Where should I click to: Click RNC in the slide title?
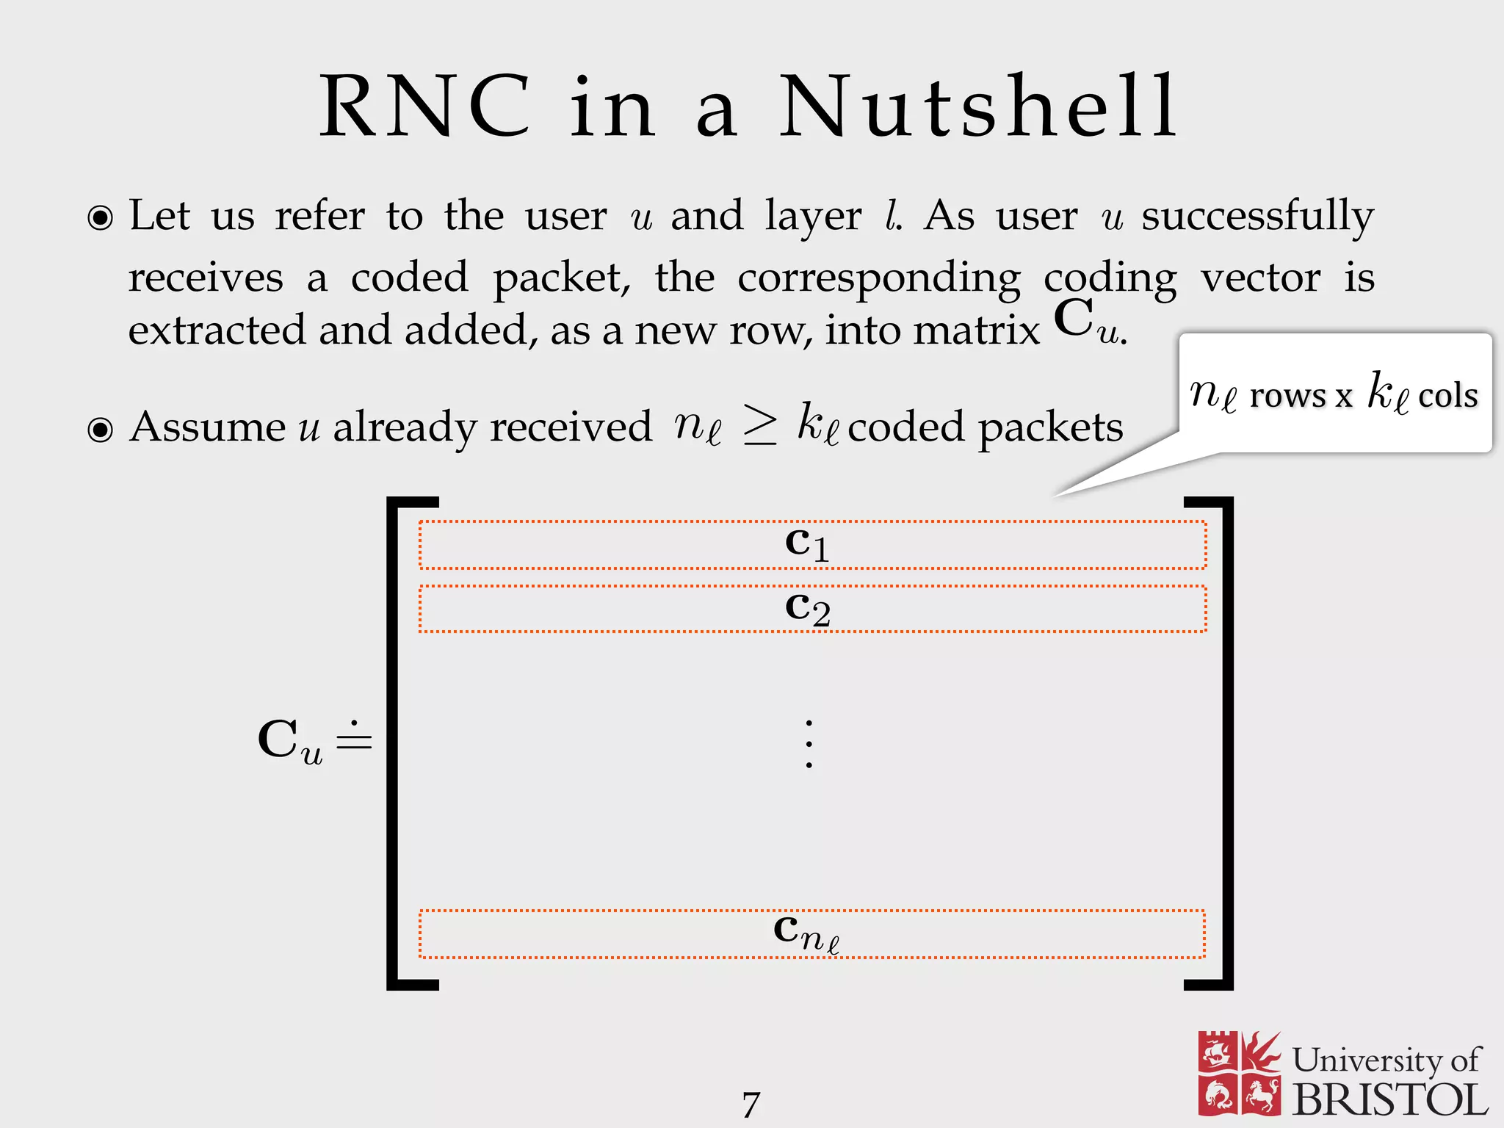pos(424,107)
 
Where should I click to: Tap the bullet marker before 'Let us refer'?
pos(101,218)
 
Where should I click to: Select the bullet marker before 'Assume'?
pos(101,430)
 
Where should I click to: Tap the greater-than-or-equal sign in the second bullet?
pos(759,425)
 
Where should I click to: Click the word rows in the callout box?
pos(1287,397)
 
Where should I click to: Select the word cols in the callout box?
pos(1447,397)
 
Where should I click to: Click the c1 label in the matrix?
pos(807,544)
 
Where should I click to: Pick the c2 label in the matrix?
pos(807,608)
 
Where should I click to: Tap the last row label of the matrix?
pos(806,933)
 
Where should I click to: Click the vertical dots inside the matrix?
pos(809,744)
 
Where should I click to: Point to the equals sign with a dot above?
pos(354,738)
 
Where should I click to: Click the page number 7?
pos(751,1104)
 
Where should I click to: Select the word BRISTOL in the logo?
pos(1390,1100)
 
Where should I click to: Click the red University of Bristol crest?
pos(1239,1072)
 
